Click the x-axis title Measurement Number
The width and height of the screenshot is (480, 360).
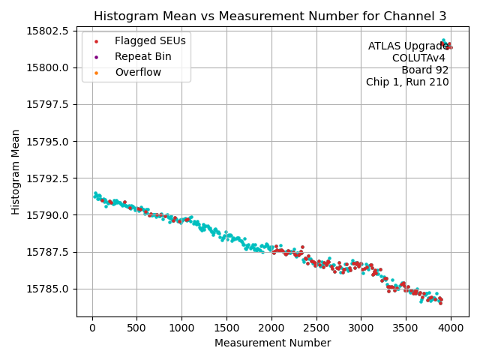tap(272, 343)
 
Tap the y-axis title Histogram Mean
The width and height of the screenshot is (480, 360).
tap(16, 172)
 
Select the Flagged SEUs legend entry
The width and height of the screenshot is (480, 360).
tap(150, 40)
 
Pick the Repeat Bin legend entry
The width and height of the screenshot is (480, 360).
tap(142, 56)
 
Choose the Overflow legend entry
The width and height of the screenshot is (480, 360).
tap(138, 72)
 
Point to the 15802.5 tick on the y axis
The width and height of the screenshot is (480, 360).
tap(48, 31)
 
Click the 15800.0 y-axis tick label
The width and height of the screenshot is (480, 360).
tap(48, 67)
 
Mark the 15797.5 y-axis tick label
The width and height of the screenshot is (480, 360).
tap(48, 104)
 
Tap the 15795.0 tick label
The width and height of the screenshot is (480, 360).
tap(48, 141)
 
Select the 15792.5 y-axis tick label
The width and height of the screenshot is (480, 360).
tap(48, 178)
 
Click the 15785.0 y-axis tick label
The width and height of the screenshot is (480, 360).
tap(48, 289)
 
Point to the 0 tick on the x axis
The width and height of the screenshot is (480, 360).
tap(92, 327)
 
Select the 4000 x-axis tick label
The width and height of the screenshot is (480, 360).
tap(451, 327)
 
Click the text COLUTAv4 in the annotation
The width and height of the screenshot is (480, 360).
tap(418, 58)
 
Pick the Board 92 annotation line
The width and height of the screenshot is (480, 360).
tap(424, 70)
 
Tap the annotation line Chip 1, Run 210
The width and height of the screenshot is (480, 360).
tap(407, 82)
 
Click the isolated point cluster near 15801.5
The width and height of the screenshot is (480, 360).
tap(446, 44)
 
